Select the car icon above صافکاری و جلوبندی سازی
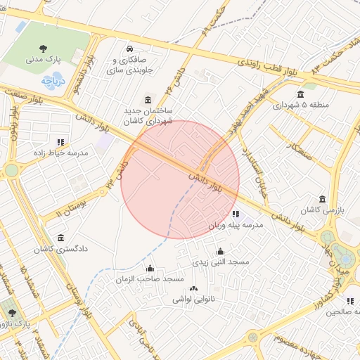(130, 49)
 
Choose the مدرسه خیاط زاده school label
(60, 152)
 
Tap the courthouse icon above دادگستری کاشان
(60, 237)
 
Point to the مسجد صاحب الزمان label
(150, 279)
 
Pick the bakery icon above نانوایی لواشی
(194, 288)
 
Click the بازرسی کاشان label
(321, 210)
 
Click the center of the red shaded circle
(180, 179)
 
